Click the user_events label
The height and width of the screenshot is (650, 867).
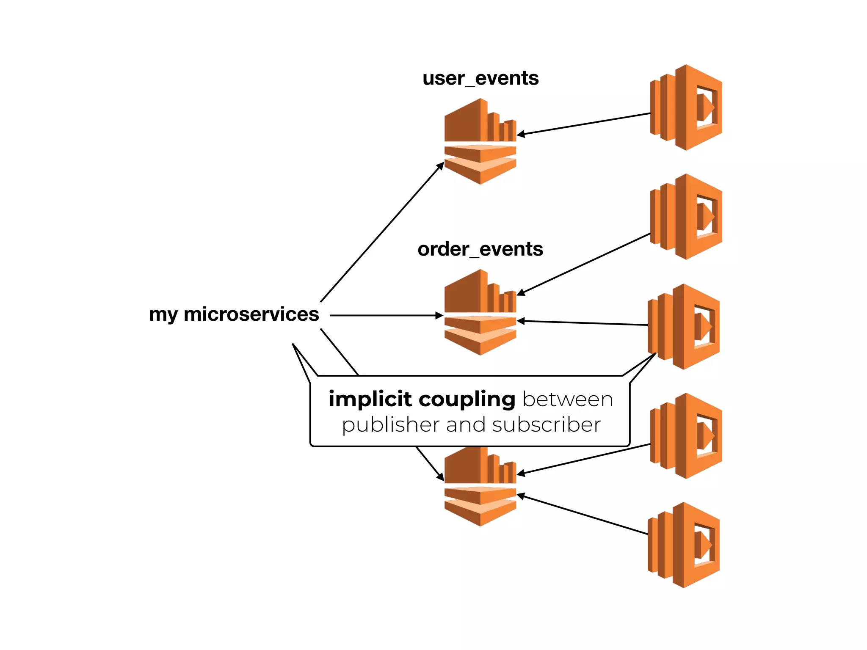tap(480, 79)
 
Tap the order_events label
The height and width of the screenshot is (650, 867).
tap(480, 249)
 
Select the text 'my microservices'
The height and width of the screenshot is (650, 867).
tap(234, 314)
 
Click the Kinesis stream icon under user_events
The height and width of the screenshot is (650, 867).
tap(480, 142)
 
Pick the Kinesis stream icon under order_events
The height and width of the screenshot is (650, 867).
tap(480, 313)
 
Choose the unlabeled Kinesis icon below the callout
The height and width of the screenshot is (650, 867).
tap(480, 487)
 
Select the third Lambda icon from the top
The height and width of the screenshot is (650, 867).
tap(684, 327)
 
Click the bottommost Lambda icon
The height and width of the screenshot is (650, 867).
tap(684, 545)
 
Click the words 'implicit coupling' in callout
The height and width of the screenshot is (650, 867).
tap(422, 399)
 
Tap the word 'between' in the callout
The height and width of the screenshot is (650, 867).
tap(567, 399)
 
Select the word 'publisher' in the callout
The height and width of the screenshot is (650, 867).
tap(391, 425)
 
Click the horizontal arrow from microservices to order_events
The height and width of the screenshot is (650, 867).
tap(385, 315)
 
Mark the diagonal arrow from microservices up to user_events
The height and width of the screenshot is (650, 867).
tap(381, 233)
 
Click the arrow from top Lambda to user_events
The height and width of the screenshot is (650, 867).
tap(584, 124)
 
